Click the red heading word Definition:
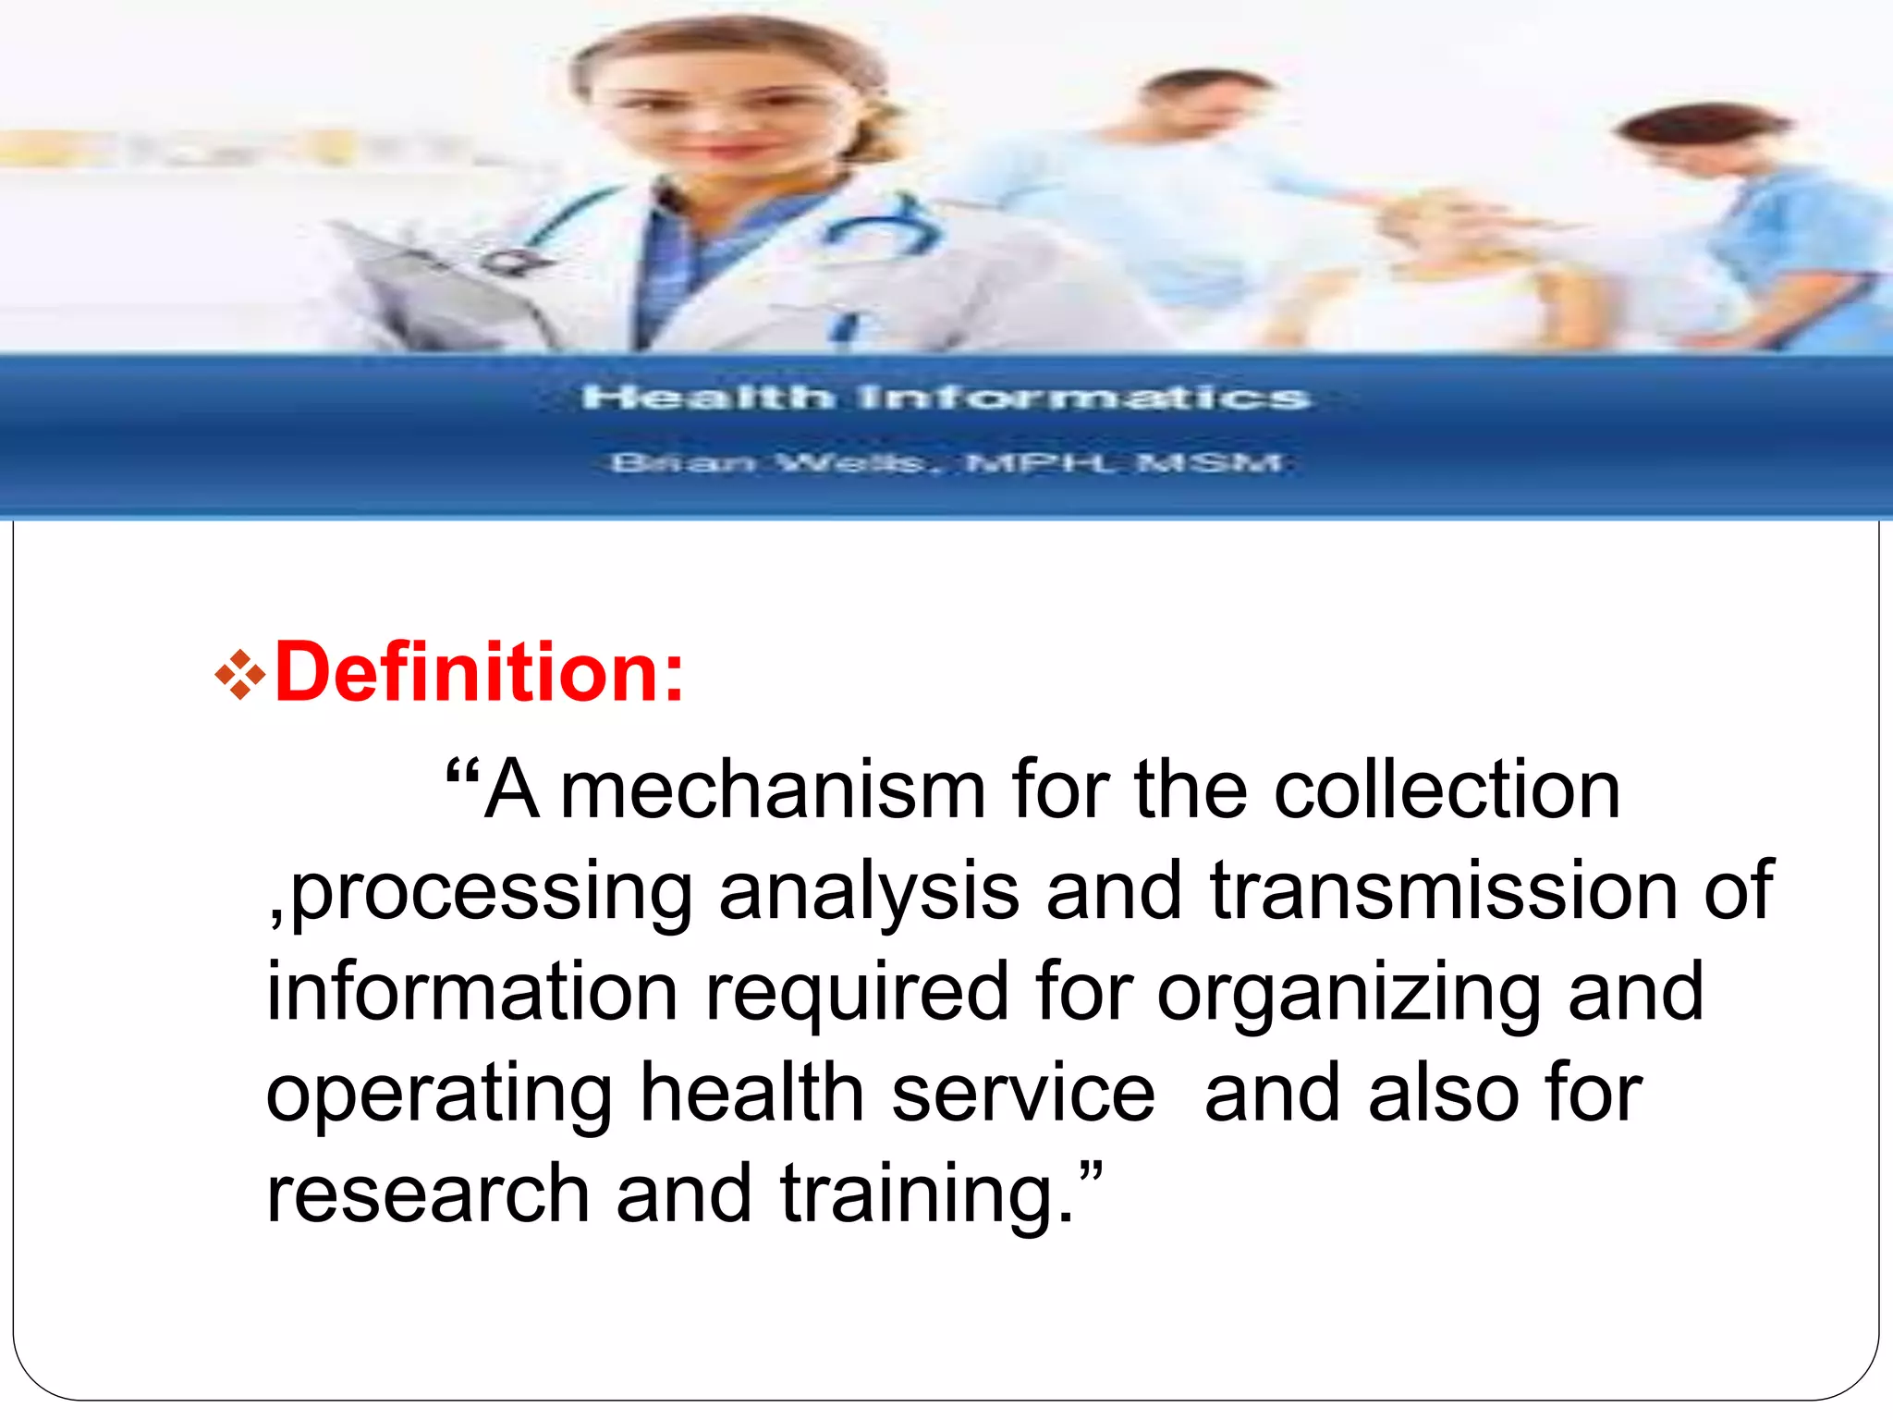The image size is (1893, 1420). tap(480, 672)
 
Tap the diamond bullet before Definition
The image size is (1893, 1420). tap(239, 675)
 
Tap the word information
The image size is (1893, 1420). tap(472, 991)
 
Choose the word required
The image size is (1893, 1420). tap(857, 993)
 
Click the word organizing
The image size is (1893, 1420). tap(1349, 993)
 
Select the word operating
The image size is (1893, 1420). tap(439, 1095)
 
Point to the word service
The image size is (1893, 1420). tap(1022, 1093)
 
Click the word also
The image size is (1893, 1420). tap(1443, 1093)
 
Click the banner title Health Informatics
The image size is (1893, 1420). tap(946, 398)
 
